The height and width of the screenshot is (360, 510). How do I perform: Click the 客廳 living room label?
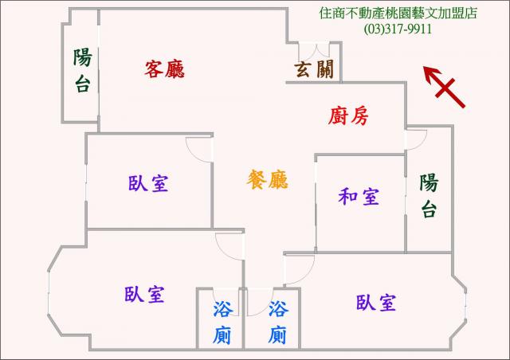coord(165,68)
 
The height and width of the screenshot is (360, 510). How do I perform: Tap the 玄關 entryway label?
coord(314,69)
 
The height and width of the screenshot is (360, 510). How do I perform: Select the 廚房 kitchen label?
coord(348,116)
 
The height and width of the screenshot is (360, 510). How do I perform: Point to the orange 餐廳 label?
coord(268,179)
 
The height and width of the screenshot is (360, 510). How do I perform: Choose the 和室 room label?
coord(359,197)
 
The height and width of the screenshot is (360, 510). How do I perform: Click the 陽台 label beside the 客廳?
coord(82,71)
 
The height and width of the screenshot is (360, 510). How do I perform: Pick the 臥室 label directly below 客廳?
coord(148,183)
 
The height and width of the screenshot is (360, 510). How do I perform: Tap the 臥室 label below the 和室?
coord(376,303)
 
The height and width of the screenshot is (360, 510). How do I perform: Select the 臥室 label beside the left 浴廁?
coord(144,295)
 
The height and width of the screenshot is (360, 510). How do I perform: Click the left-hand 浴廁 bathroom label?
coord(223,323)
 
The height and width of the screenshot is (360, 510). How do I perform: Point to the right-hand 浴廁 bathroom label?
coord(278,323)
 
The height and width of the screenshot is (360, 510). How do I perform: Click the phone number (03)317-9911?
coord(398,29)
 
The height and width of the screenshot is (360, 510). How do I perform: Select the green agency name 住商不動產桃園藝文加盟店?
coord(398,13)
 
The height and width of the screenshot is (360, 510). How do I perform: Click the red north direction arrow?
coord(445,86)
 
